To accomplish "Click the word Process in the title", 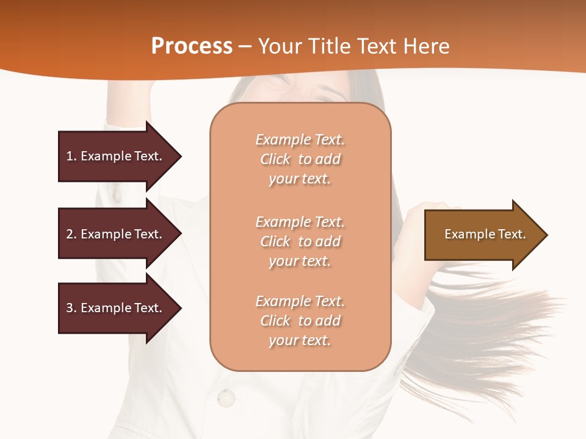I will coord(192,46).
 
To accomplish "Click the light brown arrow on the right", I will coord(482,235).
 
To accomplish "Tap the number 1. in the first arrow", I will coord(71,156).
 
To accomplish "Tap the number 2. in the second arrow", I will coord(71,234).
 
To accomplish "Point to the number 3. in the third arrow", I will coord(71,308).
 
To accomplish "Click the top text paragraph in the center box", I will coord(300,159).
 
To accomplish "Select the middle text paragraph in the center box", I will coord(300,241).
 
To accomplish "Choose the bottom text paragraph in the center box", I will coord(300,321).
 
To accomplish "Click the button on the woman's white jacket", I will coord(225,398).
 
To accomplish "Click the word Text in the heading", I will coord(377,46).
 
